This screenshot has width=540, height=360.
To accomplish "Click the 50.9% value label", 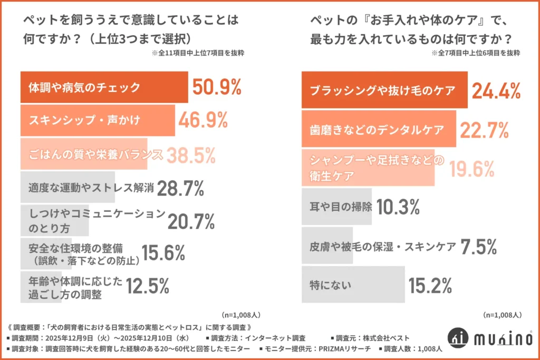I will [x=217, y=86].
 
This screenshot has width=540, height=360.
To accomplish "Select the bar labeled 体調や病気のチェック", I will [x=104, y=87].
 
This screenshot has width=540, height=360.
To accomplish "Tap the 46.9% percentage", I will [x=203, y=120].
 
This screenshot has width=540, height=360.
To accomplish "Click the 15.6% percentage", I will [x=163, y=255].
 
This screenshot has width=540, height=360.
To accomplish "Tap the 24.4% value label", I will [x=496, y=91].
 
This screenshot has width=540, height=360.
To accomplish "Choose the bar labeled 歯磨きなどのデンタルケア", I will [x=379, y=129].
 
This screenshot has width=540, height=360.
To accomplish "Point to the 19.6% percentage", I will [x=472, y=168].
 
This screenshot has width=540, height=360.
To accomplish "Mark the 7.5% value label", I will [x=478, y=246].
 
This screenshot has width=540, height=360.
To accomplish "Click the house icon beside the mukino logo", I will [x=457, y=338].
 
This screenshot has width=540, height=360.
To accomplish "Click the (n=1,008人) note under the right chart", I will [x=504, y=315].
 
